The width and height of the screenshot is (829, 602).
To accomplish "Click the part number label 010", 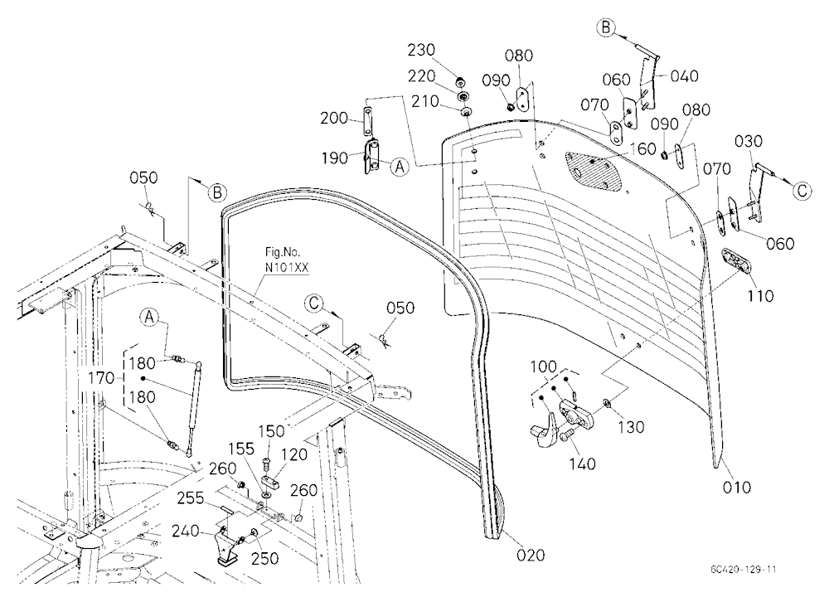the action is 736,487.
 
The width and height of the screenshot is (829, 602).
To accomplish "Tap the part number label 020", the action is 531,555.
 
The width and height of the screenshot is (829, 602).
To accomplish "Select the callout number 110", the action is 759,296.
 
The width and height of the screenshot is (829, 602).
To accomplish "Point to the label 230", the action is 421,51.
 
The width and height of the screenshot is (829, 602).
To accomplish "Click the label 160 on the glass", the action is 643,148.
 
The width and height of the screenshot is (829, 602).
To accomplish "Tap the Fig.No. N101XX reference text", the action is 287,260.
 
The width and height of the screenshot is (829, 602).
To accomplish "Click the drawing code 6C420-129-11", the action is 744,569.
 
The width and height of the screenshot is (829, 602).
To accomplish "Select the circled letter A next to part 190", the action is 400,167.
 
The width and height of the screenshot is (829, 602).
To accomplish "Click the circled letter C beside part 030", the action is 802,191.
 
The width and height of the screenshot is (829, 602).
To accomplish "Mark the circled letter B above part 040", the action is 606,27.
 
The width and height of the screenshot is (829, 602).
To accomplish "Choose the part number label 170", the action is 101,378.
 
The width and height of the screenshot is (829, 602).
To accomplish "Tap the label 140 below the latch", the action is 582,464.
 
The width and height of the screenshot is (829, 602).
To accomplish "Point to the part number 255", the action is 191,498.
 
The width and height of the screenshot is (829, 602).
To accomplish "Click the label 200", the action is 333,118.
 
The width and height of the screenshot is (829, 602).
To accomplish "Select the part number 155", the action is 241,449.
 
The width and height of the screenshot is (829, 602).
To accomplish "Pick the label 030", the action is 748,141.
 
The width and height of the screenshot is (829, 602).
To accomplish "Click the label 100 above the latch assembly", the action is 544,367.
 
